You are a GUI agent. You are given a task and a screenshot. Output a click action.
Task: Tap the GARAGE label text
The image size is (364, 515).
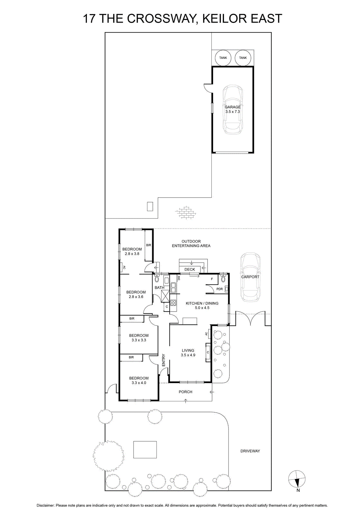(232, 107)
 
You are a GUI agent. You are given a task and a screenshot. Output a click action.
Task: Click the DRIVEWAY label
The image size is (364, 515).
(250, 451)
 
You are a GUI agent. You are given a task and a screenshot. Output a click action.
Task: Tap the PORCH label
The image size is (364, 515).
(185, 392)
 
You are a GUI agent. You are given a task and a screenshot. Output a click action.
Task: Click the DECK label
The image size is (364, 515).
(190, 269)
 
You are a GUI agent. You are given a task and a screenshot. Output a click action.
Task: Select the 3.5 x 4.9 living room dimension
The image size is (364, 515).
(188, 355)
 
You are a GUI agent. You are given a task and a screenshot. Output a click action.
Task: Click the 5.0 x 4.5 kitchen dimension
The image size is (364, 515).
(202, 308)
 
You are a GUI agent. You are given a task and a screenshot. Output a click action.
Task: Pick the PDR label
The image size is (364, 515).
(219, 289)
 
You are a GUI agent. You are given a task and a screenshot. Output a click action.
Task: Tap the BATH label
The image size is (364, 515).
(159, 288)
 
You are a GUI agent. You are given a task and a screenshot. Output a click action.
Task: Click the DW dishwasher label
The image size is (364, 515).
(179, 278)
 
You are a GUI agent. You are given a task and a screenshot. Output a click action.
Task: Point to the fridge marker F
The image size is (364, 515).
(212, 279)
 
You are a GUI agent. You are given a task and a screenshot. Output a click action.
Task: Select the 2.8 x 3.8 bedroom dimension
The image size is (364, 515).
(132, 254)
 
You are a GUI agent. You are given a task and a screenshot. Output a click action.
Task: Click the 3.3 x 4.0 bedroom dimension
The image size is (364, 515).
(139, 383)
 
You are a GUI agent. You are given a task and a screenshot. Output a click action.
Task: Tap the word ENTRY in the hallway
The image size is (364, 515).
(163, 360)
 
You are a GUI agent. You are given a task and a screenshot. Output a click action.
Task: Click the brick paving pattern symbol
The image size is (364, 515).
(185, 212)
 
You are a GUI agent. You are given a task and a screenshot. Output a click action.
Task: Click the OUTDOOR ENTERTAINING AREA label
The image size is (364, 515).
(191, 243)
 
